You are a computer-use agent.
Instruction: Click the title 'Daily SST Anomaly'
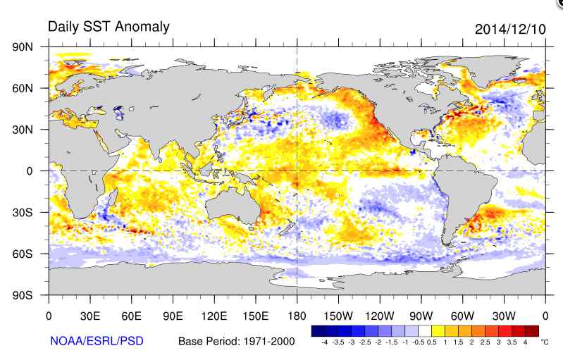click(x=109, y=27)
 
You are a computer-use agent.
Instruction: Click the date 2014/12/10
click(x=509, y=29)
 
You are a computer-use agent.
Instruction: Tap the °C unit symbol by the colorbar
click(x=544, y=342)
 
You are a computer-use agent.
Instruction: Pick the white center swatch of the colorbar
click(x=424, y=330)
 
